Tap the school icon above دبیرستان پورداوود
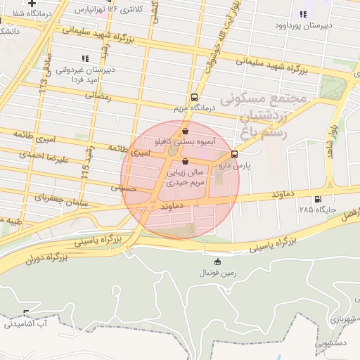[303, 14]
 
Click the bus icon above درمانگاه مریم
[195, 98]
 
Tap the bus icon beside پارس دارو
[234, 154]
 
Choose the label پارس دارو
[214, 166]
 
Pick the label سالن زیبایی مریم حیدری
[185, 176]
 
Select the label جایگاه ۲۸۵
[317, 210]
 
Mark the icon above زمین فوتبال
[217, 262]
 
